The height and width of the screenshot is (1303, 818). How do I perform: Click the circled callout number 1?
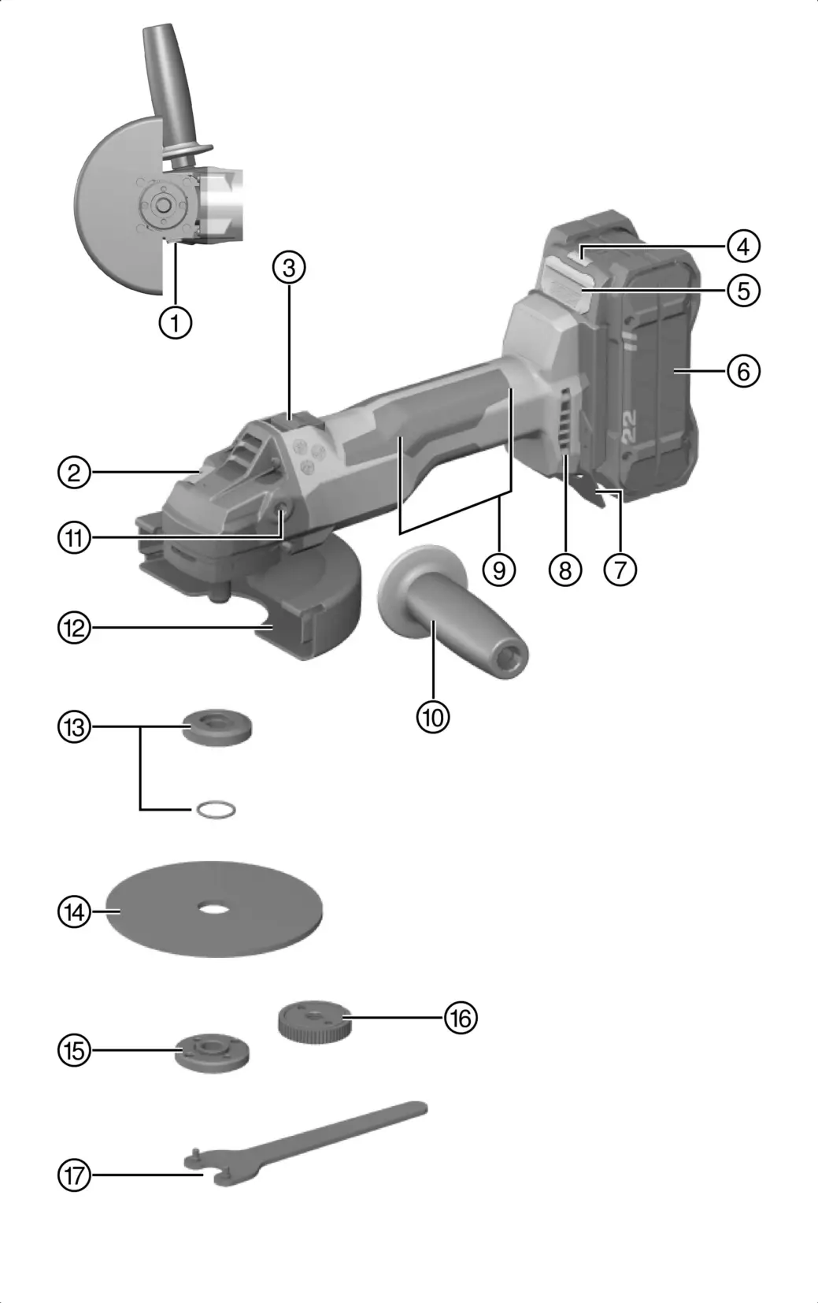coord(175,321)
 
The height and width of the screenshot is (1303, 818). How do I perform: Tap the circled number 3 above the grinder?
coord(289,268)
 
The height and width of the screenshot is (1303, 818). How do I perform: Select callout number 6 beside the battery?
coord(743,370)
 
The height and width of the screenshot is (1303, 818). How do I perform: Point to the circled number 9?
coord(499,569)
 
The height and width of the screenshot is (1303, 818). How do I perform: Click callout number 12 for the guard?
coord(75,628)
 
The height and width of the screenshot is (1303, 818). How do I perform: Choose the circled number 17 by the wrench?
coord(75,1175)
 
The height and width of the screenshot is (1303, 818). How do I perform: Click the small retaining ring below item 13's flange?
coord(216,809)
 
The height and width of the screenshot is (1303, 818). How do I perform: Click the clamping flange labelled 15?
coord(213,1052)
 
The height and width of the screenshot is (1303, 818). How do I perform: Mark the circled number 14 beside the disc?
coord(75,912)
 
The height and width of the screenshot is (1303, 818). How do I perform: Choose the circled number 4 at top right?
coord(743,246)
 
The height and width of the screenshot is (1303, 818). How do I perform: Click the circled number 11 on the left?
coord(75,538)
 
